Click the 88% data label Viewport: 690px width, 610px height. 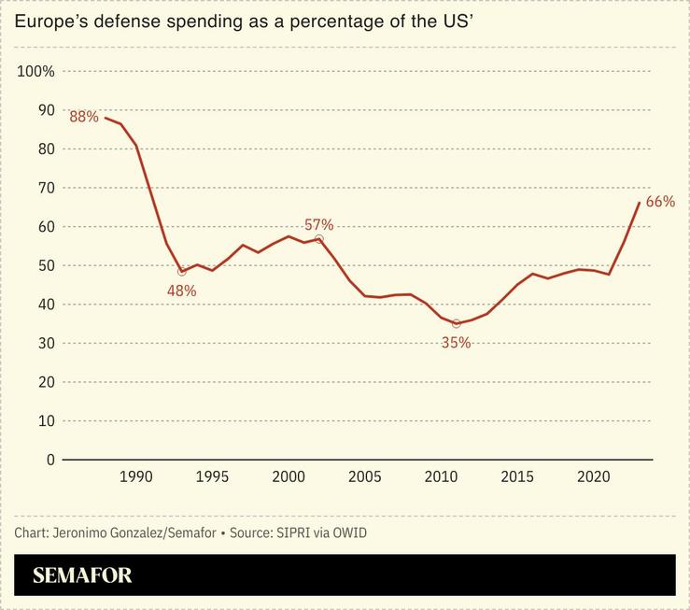(84, 117)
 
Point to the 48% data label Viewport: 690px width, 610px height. (181, 291)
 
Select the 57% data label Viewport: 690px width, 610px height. (318, 224)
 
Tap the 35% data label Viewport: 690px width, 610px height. (456, 342)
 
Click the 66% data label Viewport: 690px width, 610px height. (660, 202)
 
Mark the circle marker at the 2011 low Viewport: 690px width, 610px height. (456, 323)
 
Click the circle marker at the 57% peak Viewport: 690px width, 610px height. (318, 239)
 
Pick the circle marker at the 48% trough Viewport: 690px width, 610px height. (181, 272)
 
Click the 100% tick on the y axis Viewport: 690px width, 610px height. (36, 72)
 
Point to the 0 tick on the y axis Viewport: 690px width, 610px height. (50, 460)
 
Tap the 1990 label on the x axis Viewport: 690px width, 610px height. (135, 477)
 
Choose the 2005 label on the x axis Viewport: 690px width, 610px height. (364, 477)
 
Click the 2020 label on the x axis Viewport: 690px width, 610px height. (594, 477)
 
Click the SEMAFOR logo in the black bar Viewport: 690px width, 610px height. (82, 575)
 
